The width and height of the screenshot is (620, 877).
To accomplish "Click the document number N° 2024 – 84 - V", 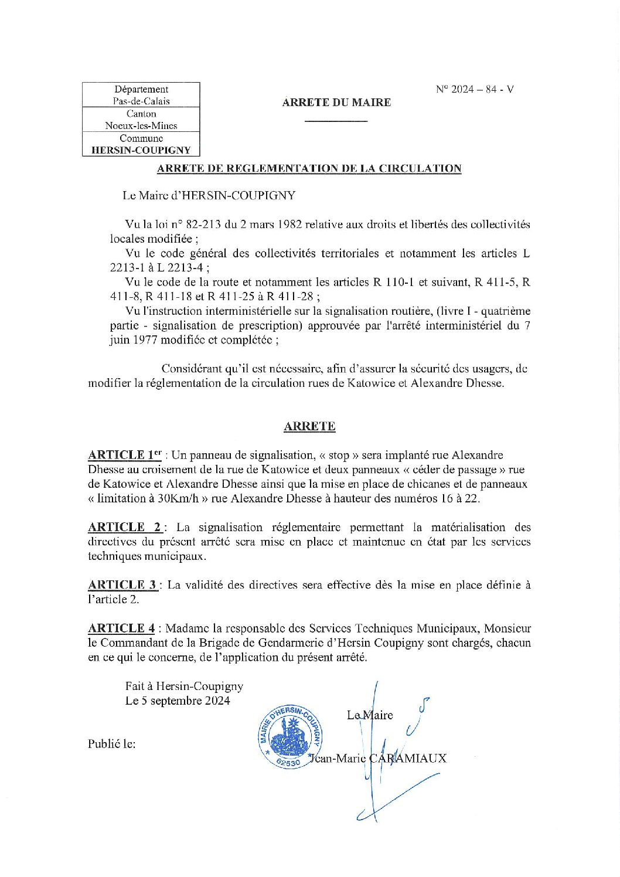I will pyautogui.click(x=475, y=90).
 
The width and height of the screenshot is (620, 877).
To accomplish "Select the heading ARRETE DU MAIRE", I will pyautogui.click(x=336, y=103).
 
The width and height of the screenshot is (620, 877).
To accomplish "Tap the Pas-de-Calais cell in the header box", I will pyautogui.click(x=141, y=101).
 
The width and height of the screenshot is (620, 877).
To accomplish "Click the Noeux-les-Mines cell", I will pyautogui.click(x=141, y=125).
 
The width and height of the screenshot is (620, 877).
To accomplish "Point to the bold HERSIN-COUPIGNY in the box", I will pyautogui.click(x=141, y=150).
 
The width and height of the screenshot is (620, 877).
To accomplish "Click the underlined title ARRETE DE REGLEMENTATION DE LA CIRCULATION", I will pyautogui.click(x=309, y=169).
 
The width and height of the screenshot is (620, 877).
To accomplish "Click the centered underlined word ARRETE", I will pyautogui.click(x=309, y=426).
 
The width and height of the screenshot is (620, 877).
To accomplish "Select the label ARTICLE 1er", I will pyautogui.click(x=124, y=455).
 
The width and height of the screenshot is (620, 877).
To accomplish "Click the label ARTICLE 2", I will pyautogui.click(x=124, y=527).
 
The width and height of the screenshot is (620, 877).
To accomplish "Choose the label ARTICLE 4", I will pyautogui.click(x=121, y=628).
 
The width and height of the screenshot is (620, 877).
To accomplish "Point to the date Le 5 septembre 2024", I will pyautogui.click(x=178, y=701).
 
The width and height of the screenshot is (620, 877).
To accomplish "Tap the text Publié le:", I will pyautogui.click(x=112, y=744).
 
